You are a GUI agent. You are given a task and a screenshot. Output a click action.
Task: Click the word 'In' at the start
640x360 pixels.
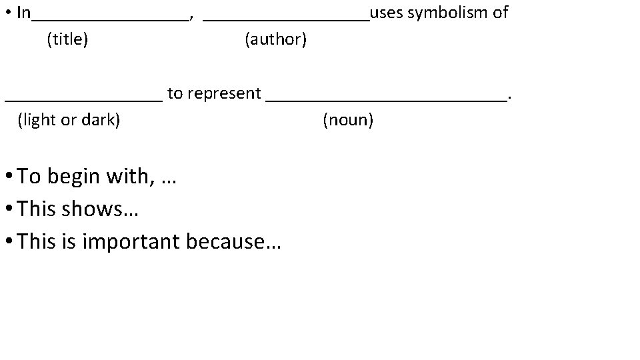click(23, 13)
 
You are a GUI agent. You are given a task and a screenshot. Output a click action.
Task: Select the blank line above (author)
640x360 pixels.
click(285, 19)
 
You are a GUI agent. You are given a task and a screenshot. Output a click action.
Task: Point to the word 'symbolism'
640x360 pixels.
click(447, 13)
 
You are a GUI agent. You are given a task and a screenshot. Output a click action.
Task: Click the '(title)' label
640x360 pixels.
click(67, 40)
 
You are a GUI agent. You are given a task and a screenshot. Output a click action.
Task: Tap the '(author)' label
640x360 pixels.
click(276, 40)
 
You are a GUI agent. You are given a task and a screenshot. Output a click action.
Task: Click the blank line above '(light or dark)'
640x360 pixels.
click(83, 100)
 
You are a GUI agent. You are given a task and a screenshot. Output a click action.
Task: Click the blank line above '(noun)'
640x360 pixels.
click(387, 100)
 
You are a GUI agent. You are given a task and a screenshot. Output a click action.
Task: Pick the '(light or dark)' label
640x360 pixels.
click(69, 121)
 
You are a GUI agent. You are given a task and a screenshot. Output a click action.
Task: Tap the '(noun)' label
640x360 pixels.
click(348, 121)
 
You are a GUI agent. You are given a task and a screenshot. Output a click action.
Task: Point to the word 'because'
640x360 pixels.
click(225, 241)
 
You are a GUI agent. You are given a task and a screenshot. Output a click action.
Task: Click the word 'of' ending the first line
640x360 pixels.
click(500, 13)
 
